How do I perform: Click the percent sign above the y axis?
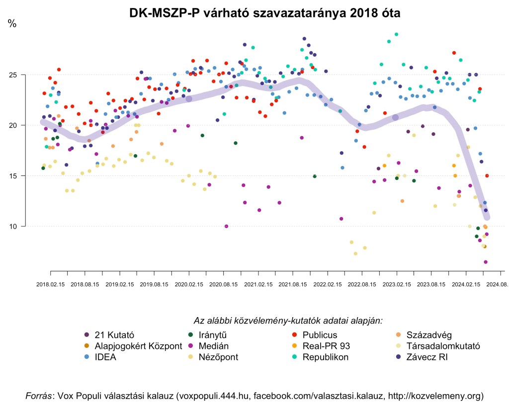12,23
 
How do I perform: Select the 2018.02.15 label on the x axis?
51,285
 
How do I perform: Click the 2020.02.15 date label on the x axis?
189,285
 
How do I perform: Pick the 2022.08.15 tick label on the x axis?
362,285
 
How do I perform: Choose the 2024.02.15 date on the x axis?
466,285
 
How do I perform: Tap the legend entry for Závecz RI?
426,357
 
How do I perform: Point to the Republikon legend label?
325,357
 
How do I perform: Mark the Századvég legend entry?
428,334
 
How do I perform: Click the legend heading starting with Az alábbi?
288,321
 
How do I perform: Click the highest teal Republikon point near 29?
396,34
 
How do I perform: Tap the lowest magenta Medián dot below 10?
486,262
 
